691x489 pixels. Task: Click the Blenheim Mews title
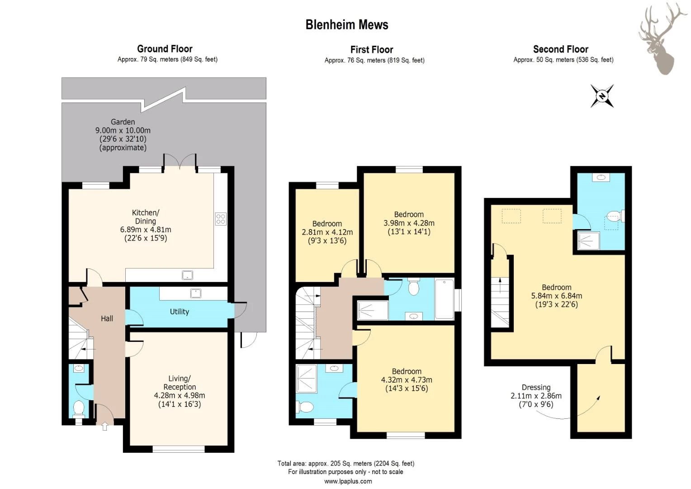347,25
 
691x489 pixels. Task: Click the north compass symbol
602,96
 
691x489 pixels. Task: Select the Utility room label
179,312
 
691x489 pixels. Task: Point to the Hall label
107,318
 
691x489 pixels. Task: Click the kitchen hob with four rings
221,219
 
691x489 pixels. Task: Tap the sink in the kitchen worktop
187,275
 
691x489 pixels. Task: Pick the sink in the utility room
195,293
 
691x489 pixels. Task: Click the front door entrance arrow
104,427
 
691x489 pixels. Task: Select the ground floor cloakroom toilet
79,409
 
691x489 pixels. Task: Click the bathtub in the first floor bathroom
444,299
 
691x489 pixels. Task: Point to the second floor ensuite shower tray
589,240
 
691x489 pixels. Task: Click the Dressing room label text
536,388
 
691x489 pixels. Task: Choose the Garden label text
123,122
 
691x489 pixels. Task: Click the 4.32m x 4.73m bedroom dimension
407,380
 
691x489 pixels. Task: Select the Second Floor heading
560,49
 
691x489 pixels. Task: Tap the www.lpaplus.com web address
348,481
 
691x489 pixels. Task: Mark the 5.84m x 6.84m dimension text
557,296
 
